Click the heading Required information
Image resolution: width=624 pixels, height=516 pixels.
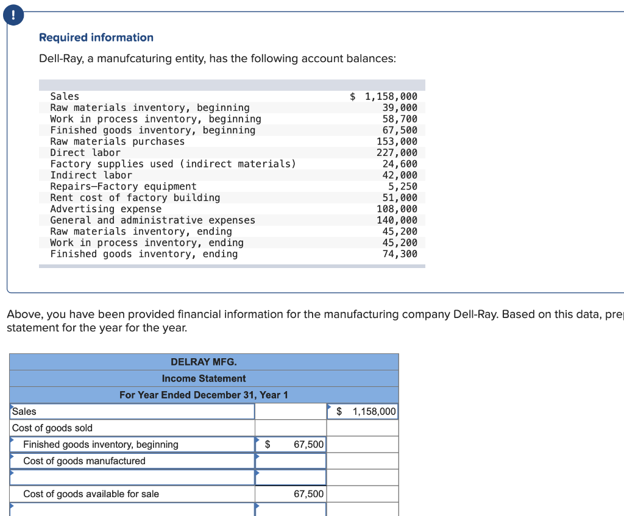(x=96, y=38)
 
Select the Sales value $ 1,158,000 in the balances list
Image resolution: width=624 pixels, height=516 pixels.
(x=384, y=96)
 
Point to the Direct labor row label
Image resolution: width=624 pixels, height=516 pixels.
(x=85, y=153)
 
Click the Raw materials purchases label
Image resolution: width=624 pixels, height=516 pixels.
(x=117, y=141)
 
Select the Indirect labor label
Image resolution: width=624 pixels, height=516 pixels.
(x=91, y=175)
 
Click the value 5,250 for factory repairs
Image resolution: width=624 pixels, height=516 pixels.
(x=403, y=186)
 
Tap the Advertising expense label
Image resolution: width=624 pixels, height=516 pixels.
(x=105, y=209)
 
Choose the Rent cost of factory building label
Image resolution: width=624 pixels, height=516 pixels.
(x=135, y=198)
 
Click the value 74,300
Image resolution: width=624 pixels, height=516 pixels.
(x=400, y=254)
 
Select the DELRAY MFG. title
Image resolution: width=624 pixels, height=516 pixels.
(x=204, y=362)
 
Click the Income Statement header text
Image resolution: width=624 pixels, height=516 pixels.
(x=204, y=378)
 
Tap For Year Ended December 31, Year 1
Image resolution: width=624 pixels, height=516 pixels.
(x=204, y=395)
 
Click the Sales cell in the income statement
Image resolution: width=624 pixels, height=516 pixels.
(x=132, y=412)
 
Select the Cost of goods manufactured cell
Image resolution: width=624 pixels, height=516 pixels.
(x=132, y=461)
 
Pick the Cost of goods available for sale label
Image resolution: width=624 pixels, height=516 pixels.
(x=91, y=494)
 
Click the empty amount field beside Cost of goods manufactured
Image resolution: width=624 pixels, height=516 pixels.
(x=290, y=461)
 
